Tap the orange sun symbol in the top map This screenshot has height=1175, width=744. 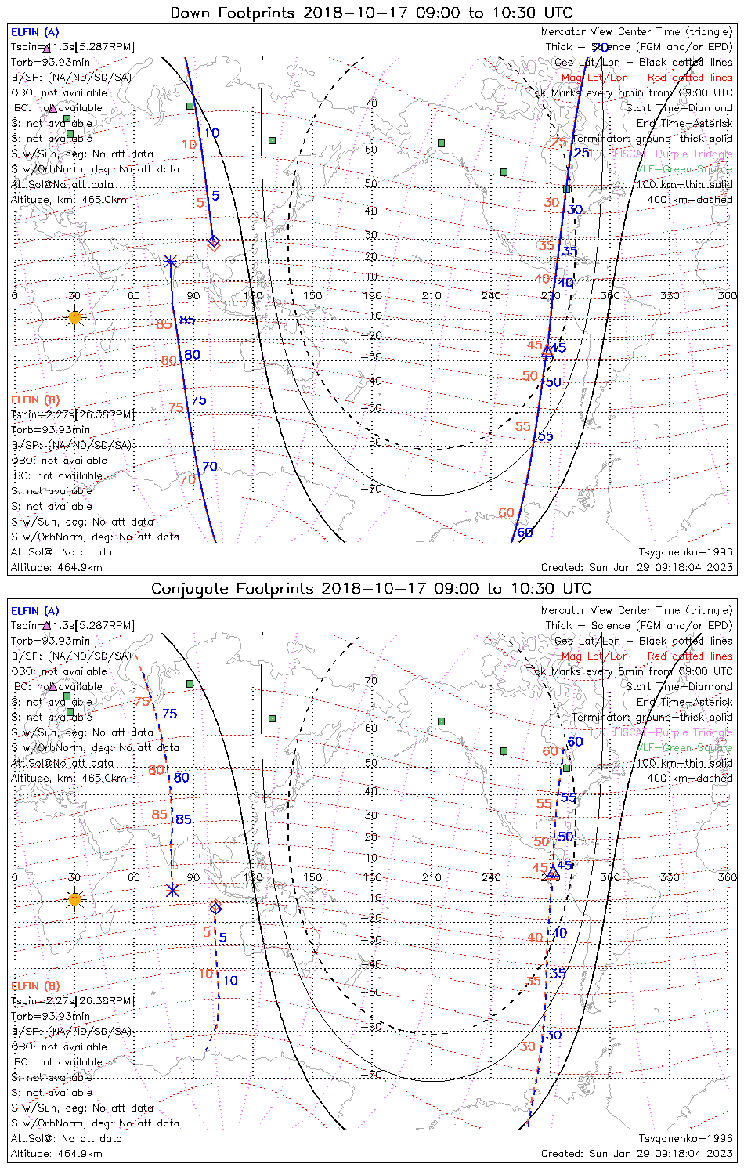click(74, 317)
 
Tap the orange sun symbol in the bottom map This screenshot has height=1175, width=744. click(74, 899)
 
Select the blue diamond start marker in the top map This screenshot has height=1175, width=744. click(213, 240)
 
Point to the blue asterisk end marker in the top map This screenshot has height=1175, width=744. click(171, 261)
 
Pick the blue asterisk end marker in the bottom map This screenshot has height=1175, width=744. click(172, 890)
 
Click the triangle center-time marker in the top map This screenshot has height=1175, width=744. click(547, 352)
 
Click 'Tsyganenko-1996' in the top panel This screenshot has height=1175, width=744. click(685, 552)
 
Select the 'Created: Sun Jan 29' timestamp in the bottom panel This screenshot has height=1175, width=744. click(637, 1154)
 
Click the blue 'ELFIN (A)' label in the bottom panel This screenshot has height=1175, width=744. click(35, 611)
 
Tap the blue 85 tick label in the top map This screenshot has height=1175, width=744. click(187, 320)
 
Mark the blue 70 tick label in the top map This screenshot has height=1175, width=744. click(210, 467)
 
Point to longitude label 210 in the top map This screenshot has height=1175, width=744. click(432, 296)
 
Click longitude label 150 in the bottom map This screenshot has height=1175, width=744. click(312, 877)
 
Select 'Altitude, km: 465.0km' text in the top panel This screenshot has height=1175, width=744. click(69, 200)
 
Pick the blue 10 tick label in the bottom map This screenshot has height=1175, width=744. click(230, 981)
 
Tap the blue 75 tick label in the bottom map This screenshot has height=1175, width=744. click(170, 714)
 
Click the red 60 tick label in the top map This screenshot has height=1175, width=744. click(507, 513)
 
